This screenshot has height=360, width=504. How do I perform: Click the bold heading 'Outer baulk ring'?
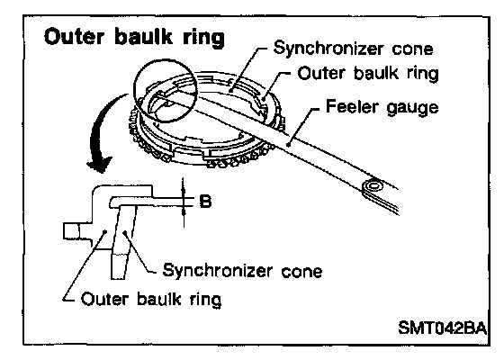(x=134, y=38)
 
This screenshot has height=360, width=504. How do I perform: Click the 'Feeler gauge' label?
(x=382, y=107)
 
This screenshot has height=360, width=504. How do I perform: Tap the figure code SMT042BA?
(x=442, y=328)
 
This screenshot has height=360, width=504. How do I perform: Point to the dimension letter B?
(x=205, y=202)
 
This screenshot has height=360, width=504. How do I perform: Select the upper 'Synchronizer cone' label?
(x=353, y=49)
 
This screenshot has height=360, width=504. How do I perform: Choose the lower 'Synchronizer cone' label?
(x=242, y=271)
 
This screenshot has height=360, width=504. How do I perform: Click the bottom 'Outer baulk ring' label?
(x=151, y=300)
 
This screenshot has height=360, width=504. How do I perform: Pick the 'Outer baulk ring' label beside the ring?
(x=368, y=74)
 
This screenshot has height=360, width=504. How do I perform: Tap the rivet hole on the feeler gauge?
(x=373, y=185)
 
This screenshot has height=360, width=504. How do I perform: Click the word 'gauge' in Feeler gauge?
(x=413, y=108)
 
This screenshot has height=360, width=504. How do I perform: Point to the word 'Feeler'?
(x=354, y=106)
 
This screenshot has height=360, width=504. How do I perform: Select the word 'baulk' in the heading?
(x=143, y=37)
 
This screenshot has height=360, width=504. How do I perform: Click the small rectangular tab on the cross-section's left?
(x=71, y=231)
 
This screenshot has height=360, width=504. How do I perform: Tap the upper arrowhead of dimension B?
(x=184, y=192)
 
